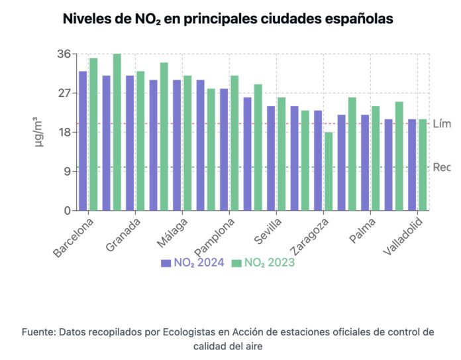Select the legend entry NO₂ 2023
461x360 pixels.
[x=263, y=263]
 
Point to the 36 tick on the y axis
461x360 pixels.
[x=64, y=54]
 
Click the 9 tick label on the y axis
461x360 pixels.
[x=67, y=171]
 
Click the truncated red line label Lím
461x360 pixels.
[x=442, y=123]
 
